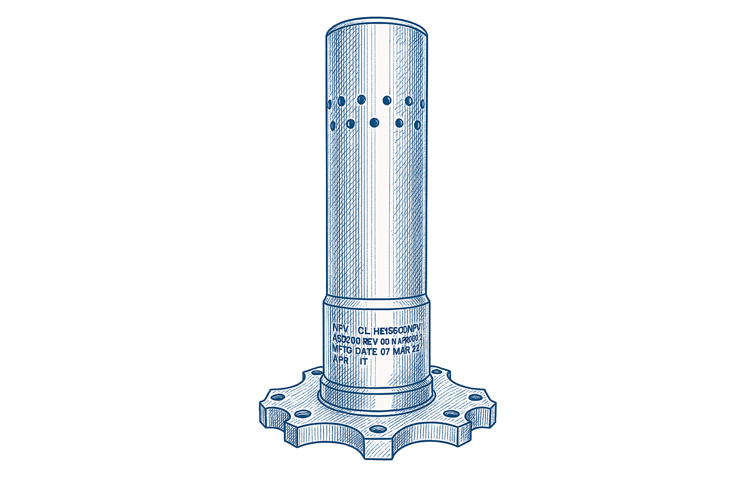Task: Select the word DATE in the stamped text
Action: point(366,351)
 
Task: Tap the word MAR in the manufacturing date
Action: point(402,350)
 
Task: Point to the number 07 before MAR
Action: point(385,351)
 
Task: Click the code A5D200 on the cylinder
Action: point(347,339)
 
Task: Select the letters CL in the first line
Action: point(364,331)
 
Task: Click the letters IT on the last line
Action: point(363,361)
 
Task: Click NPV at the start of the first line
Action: point(340,328)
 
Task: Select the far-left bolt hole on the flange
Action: point(277,397)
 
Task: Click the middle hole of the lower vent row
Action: point(374,123)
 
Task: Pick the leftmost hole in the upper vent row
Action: point(329,104)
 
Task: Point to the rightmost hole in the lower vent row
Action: point(417,125)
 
